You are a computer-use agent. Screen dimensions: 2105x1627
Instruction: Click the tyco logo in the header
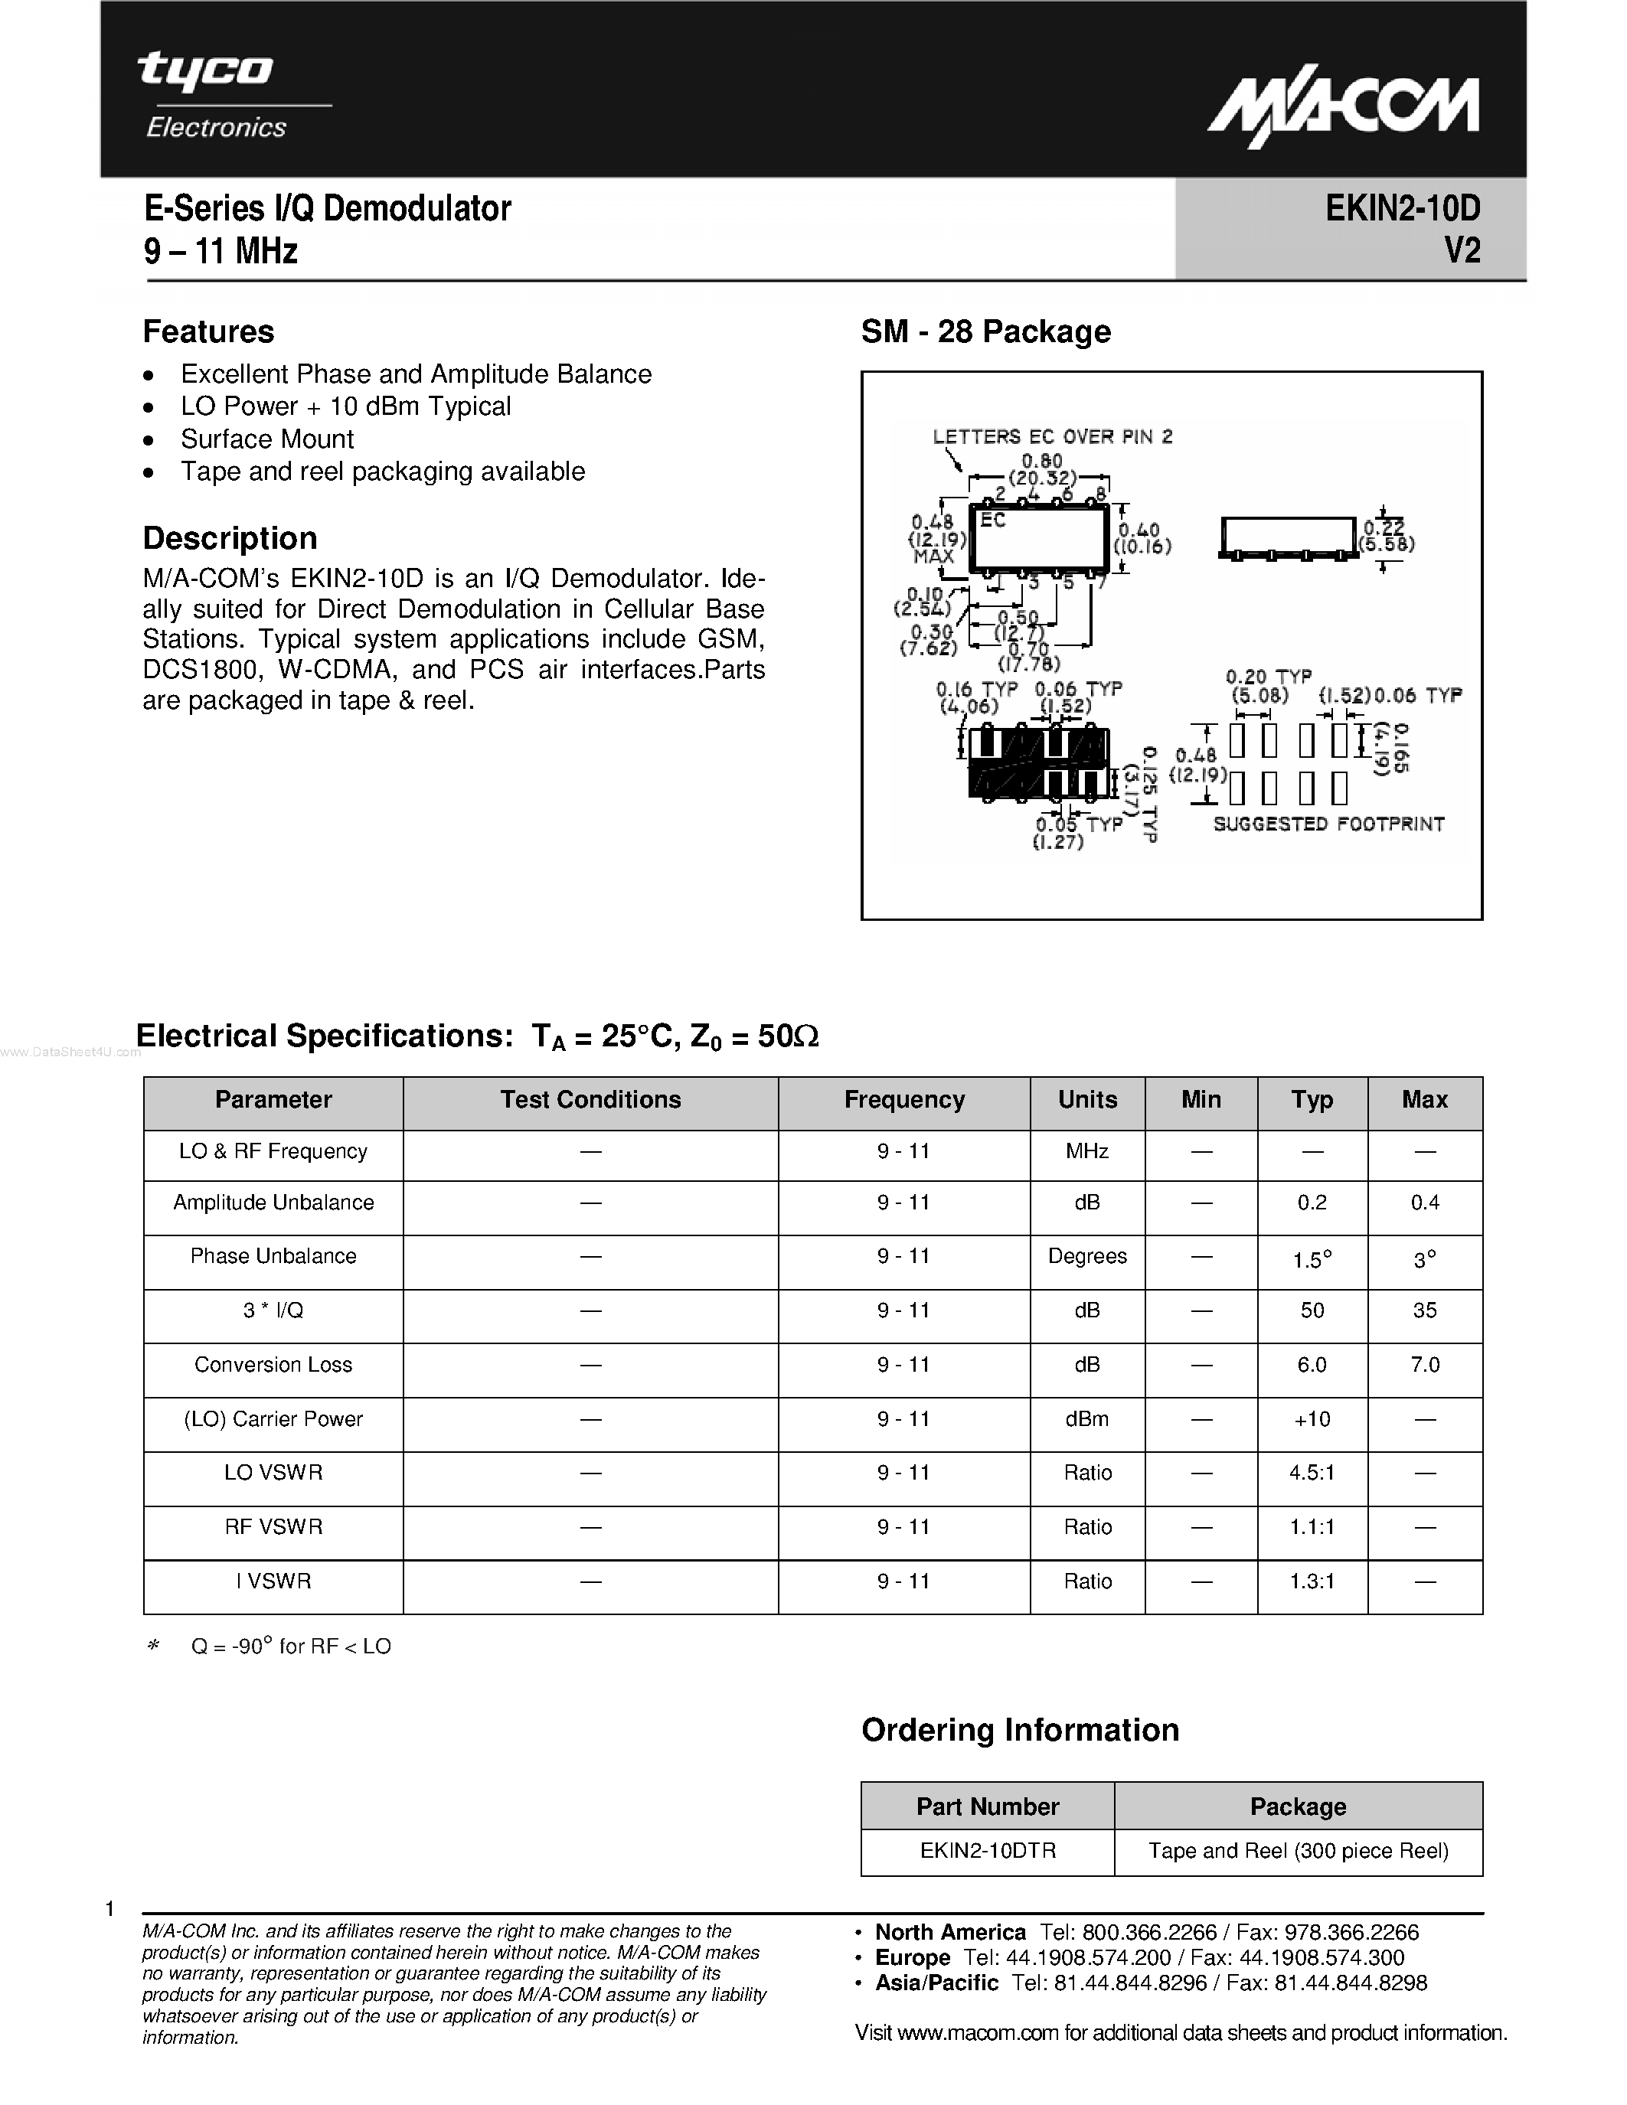[x=205, y=70]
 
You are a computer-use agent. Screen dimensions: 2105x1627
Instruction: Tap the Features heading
[x=208, y=331]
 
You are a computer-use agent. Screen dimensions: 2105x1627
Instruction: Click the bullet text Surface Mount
[x=267, y=439]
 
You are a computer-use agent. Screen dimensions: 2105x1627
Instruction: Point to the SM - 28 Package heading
[x=985, y=331]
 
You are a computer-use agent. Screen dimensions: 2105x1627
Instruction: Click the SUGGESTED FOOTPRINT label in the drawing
[x=1328, y=824]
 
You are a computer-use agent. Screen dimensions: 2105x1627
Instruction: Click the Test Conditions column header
[x=590, y=1100]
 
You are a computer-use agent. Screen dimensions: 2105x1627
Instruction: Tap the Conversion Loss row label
[x=273, y=1365]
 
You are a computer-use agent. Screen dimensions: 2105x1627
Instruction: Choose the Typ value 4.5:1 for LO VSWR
[x=1312, y=1473]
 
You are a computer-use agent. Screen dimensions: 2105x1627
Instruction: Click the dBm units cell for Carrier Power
[x=1086, y=1418]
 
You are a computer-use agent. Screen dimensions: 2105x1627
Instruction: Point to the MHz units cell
[x=1086, y=1152]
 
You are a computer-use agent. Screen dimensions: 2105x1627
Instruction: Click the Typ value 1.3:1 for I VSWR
[x=1312, y=1581]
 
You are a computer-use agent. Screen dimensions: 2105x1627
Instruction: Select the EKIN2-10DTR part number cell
[x=988, y=1851]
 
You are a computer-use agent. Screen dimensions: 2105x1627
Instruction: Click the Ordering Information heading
[x=1020, y=1730]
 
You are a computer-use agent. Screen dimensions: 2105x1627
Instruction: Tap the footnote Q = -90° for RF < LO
[x=290, y=1646]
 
